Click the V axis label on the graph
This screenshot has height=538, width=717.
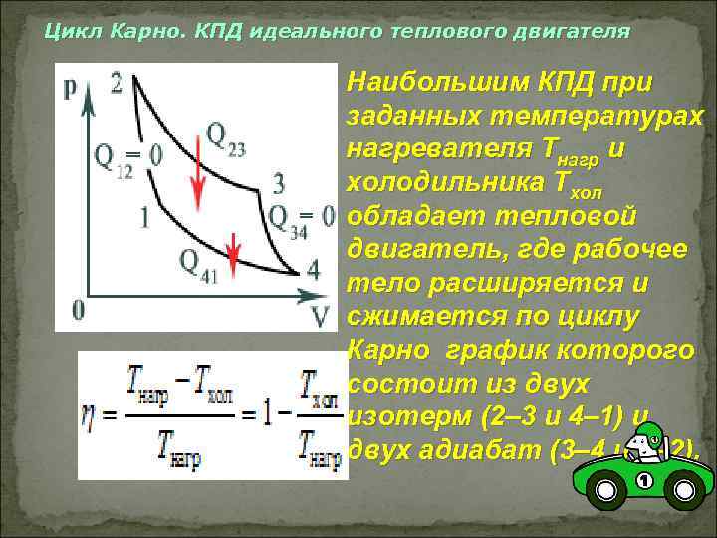click(320, 315)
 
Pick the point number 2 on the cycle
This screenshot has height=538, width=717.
click(118, 82)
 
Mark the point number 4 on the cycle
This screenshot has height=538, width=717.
click(314, 270)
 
